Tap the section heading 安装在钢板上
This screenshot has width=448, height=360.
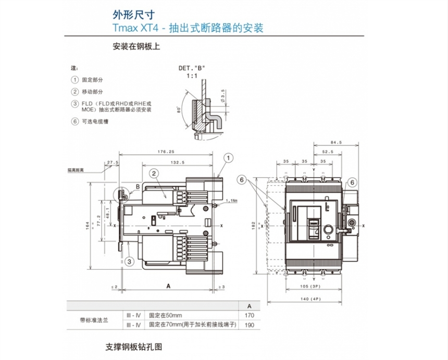(136, 46)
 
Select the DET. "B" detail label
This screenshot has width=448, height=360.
(192, 68)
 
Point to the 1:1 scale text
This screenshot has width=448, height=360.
(192, 76)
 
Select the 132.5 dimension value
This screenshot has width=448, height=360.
(178, 163)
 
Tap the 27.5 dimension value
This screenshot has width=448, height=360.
(113, 163)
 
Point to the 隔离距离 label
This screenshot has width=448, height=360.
(76, 170)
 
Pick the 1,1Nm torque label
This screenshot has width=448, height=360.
(232, 200)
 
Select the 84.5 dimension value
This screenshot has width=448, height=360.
(336, 142)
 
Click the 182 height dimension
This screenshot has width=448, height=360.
(254, 225)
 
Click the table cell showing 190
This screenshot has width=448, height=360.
(249, 325)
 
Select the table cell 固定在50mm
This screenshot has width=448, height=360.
(166, 316)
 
